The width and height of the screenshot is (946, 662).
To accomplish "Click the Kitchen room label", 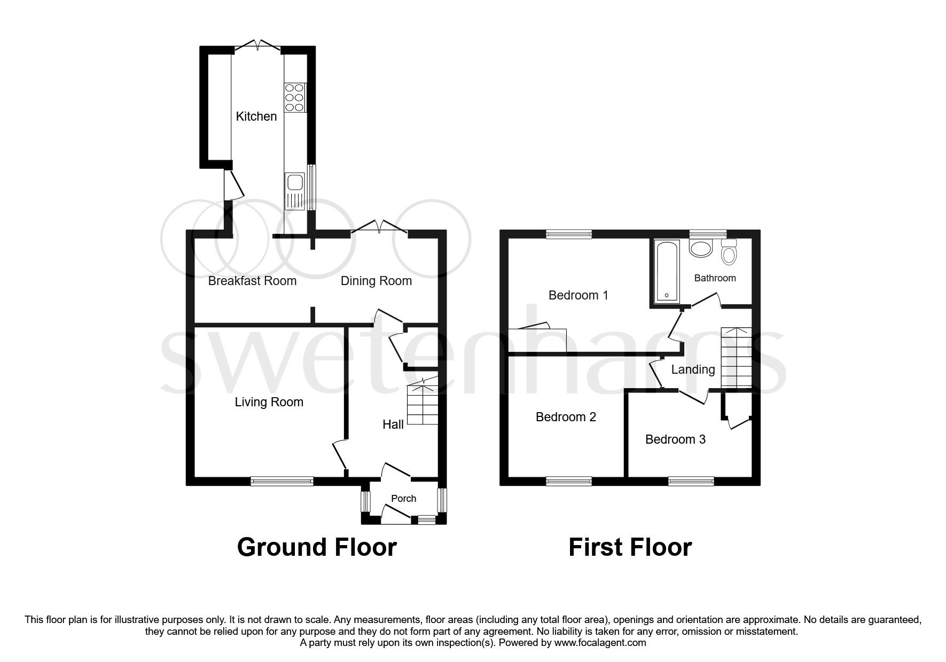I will click(256, 116).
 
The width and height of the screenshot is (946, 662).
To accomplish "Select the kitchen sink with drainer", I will click(294, 191).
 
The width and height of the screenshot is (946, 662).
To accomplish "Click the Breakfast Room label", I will click(252, 281).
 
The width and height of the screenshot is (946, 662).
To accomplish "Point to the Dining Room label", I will click(376, 281).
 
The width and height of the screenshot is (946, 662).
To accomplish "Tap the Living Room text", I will click(269, 402).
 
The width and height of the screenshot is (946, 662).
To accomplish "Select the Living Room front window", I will click(282, 481).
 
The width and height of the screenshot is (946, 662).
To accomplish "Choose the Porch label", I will click(403, 499).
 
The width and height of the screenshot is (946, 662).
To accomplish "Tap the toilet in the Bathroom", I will click(728, 251).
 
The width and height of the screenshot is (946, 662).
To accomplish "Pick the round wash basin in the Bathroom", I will click(701, 248).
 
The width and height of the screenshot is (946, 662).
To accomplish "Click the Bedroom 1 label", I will click(578, 295).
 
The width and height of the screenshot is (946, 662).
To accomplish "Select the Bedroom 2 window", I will click(569, 481).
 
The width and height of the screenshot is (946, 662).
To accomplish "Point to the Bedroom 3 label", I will click(675, 439).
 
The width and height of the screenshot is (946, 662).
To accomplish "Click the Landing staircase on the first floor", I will click(736, 358).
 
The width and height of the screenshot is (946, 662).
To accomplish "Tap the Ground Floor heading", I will click(316, 547).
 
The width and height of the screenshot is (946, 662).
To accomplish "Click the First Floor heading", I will click(630, 547).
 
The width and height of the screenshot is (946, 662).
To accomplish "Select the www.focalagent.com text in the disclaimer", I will click(600, 643).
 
